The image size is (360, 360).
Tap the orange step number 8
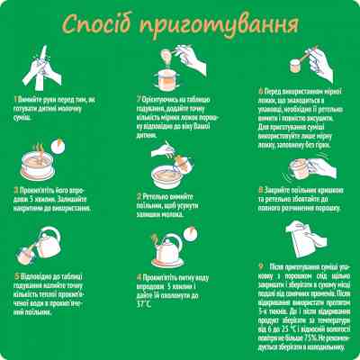[260, 191]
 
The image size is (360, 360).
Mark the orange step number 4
[139, 276]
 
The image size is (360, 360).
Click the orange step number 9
[260, 266]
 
